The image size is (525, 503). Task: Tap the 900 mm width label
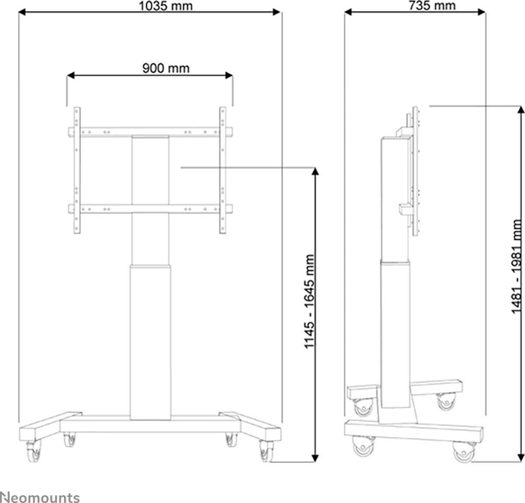[x=166, y=68]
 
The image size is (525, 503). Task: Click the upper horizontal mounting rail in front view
[x=150, y=132]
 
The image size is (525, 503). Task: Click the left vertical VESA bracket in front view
[x=77, y=171]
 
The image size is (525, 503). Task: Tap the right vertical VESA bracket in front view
[x=224, y=171]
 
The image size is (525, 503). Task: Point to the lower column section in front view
[x=150, y=333]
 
